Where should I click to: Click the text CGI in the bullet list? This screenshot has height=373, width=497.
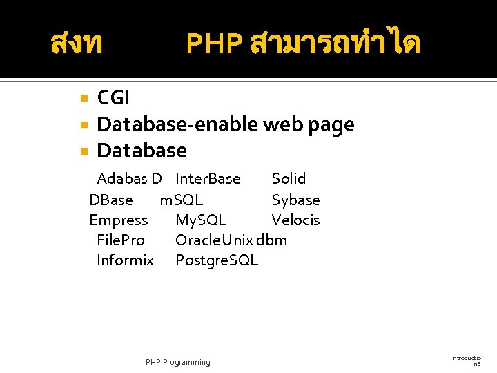tap(113, 98)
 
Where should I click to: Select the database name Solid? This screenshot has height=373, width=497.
tap(289, 179)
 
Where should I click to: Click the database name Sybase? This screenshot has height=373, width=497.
tap(295, 200)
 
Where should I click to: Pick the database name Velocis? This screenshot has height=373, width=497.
tap(295, 220)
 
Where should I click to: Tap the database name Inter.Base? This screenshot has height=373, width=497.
tap(208, 179)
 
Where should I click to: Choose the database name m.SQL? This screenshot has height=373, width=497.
tap(182, 200)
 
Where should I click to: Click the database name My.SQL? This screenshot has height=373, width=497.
tap(201, 220)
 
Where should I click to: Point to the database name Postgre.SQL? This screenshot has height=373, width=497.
tap(217, 260)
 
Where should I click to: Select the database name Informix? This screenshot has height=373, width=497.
tap(125, 260)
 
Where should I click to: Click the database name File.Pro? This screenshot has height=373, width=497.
tap(121, 240)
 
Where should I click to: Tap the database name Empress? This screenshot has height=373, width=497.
tap(119, 220)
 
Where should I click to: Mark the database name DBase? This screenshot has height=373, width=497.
tap(111, 200)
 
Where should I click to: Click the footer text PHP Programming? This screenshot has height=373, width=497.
tap(178, 362)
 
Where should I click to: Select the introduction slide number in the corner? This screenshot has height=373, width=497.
tap(467, 360)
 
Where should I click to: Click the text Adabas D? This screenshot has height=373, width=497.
tap(129, 179)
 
